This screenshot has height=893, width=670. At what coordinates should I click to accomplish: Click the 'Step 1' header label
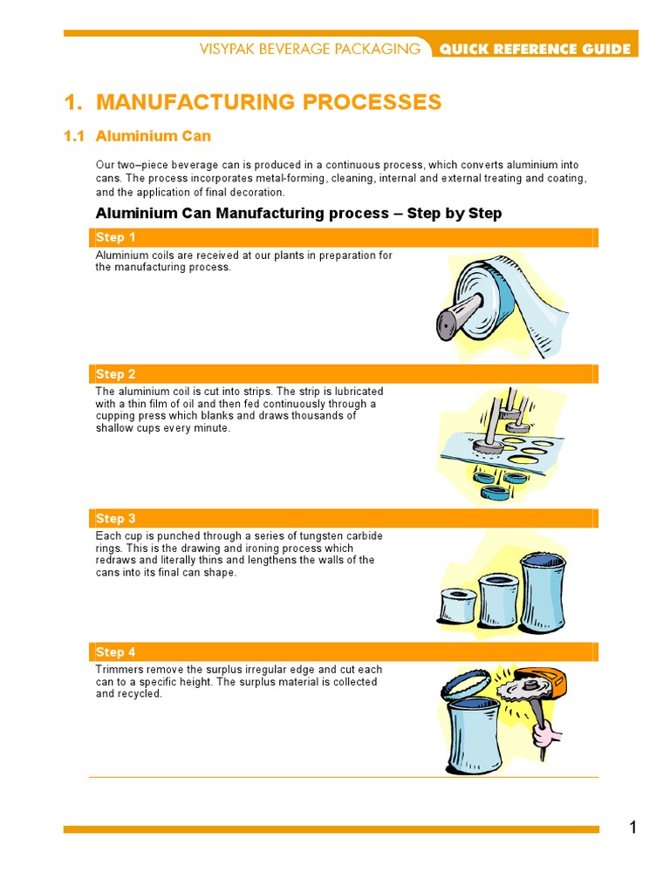point(116,237)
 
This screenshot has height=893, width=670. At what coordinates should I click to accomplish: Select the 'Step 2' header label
point(116,374)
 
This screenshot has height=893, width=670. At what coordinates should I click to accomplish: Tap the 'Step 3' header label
point(116,518)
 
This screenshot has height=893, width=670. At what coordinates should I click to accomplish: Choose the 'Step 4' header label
point(116,652)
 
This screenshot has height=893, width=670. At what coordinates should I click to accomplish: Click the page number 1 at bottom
point(633,827)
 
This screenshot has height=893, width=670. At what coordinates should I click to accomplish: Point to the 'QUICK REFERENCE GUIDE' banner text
point(535,49)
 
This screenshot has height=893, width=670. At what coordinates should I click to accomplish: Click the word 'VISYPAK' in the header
point(226,49)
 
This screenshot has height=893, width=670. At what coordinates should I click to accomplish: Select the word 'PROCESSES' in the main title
point(372,102)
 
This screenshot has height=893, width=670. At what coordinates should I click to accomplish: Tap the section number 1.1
point(74,136)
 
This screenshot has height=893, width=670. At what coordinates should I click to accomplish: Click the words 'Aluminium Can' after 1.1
point(154,136)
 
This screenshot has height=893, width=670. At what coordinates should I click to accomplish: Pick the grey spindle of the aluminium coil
point(459,314)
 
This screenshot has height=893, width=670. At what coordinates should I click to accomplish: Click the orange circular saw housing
point(550,680)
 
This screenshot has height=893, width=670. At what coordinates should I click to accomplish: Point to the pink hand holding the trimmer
point(546,733)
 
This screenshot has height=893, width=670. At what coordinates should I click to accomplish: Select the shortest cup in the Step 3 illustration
point(459,605)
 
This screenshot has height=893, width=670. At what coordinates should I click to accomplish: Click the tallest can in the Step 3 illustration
point(544,592)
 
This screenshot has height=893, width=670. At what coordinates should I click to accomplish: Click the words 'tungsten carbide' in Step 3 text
point(339,536)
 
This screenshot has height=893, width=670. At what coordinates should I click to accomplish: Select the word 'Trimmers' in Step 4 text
point(119,670)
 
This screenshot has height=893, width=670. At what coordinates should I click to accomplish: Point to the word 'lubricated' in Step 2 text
point(359,392)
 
